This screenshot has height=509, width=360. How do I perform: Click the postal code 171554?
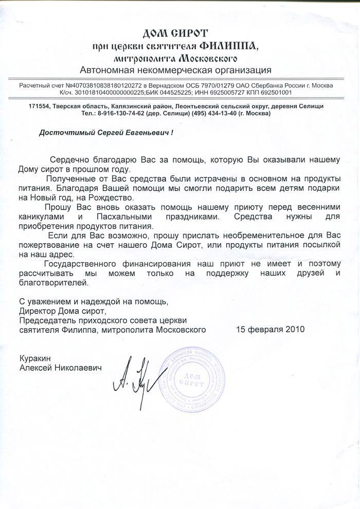(40, 105)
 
